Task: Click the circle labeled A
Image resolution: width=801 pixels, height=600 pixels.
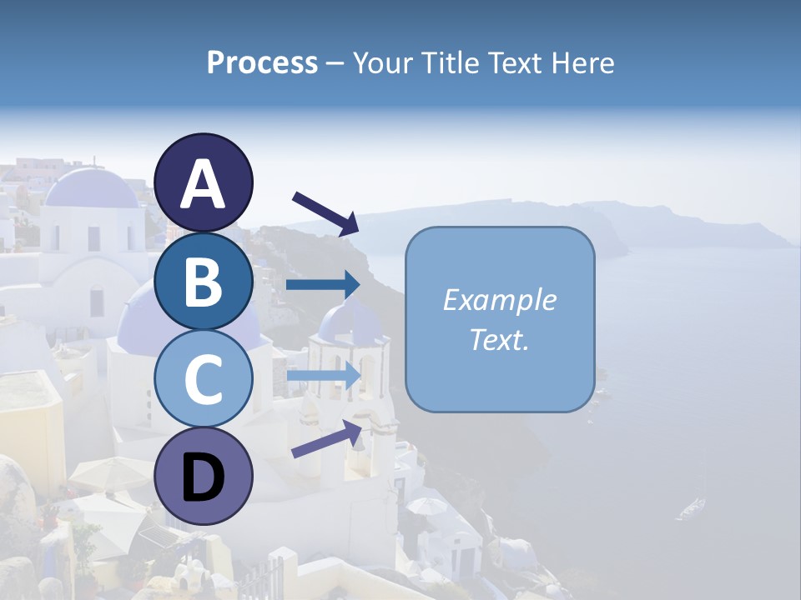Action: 203,182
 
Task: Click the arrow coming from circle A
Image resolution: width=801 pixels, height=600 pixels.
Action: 325,212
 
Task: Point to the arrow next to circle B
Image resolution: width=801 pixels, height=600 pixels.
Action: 323,285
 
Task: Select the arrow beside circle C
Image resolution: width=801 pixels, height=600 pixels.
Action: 323,376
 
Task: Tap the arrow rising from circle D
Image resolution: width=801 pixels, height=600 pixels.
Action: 326,438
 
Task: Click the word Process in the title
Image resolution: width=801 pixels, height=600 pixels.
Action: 262,62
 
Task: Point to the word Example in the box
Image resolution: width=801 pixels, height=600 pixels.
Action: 499,300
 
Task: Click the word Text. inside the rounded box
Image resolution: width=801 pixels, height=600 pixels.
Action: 499,339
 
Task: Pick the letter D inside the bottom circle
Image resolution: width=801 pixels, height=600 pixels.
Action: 203,478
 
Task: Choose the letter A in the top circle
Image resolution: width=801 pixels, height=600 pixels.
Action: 203,184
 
